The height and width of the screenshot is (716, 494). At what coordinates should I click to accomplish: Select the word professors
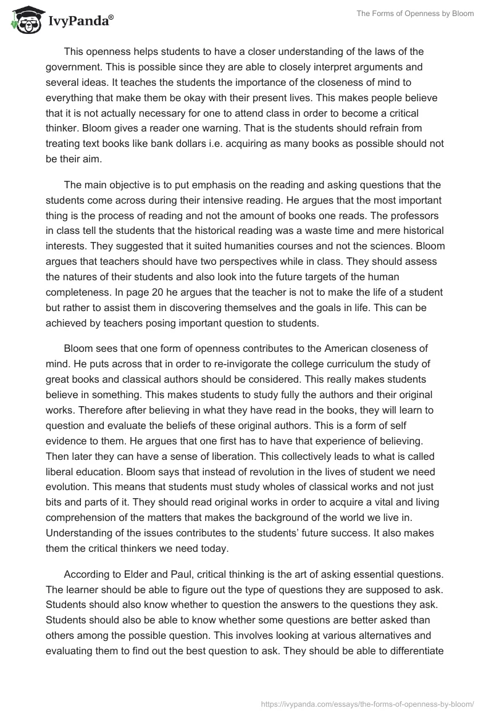416,214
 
